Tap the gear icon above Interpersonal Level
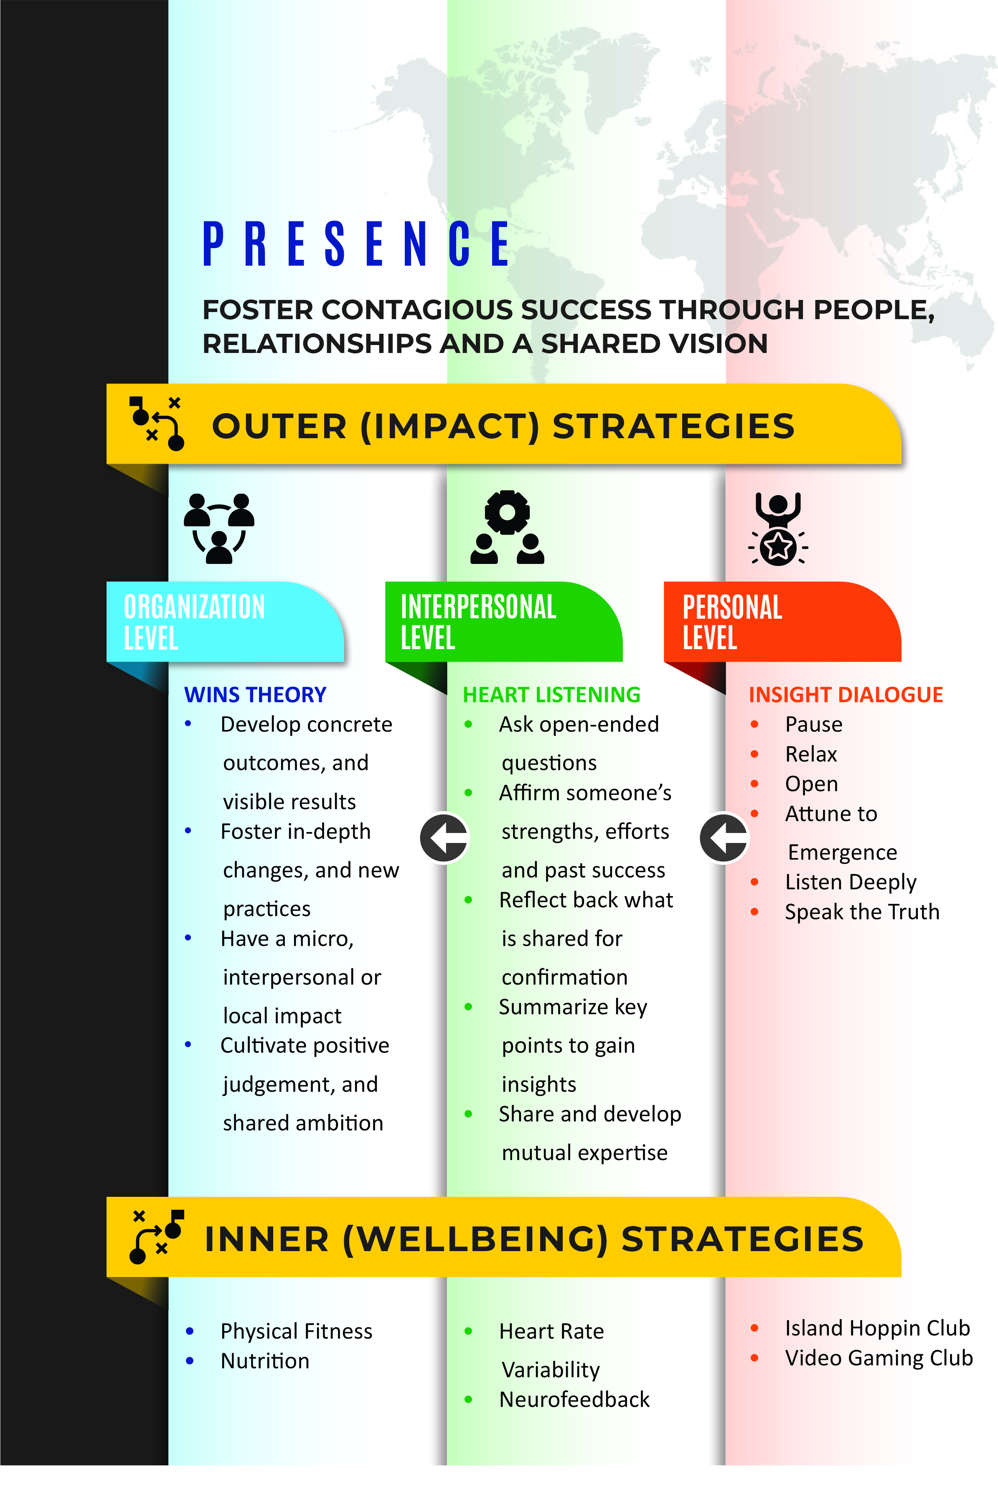point(507,512)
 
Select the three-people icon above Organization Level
point(219,528)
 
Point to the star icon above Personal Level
point(778,546)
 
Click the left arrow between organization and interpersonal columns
point(444,838)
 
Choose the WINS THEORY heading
point(255,694)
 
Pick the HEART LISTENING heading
point(551,694)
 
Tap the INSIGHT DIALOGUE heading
point(846,694)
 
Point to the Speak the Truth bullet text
point(862,912)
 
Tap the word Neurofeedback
point(574,1399)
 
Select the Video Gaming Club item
point(879,1358)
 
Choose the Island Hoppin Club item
point(877,1328)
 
